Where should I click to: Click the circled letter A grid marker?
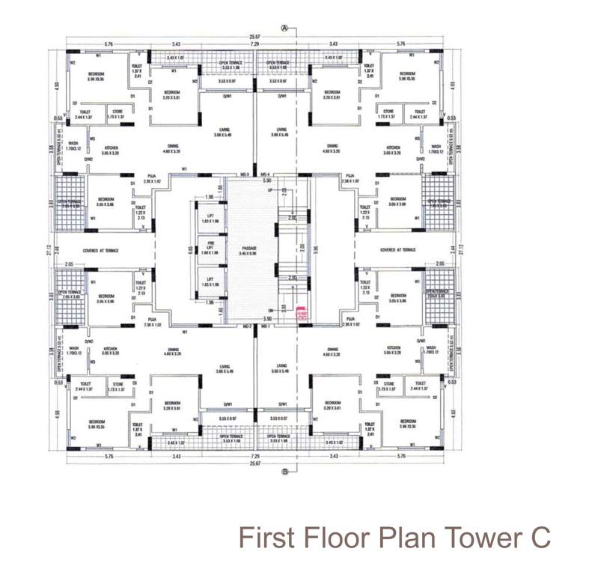[284, 28]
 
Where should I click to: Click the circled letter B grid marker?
[284, 472]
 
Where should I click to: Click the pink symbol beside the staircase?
[302, 314]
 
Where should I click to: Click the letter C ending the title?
[540, 537]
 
